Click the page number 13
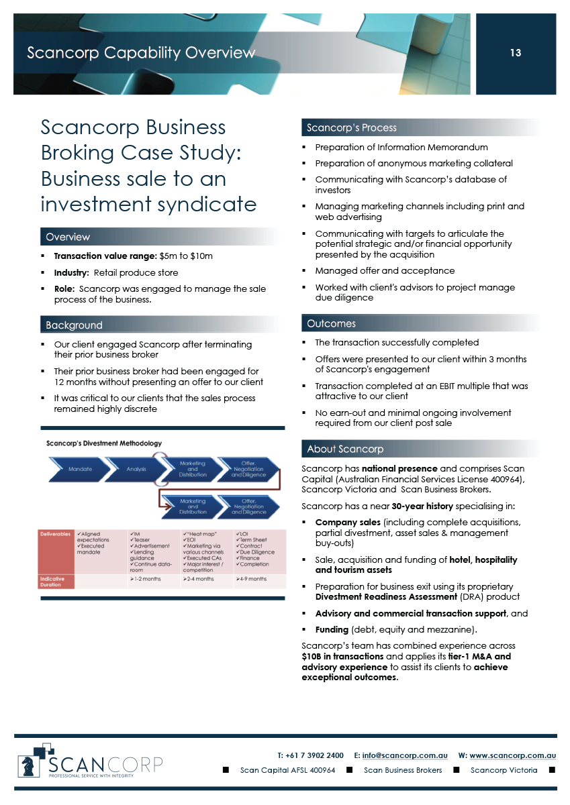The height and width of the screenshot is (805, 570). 515,53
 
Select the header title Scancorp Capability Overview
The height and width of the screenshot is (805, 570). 141,52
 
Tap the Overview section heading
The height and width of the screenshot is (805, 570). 67,237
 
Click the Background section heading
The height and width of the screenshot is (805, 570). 74,325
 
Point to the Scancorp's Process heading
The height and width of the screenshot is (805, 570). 351,127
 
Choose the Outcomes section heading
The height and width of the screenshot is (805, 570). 331,323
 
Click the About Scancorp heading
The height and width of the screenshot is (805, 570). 345,449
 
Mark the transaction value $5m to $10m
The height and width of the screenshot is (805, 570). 188,256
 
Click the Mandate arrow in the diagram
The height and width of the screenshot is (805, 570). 80,469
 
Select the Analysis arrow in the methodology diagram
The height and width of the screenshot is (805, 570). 136,469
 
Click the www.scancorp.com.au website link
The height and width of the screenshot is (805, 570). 512,755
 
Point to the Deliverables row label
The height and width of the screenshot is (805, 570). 55,535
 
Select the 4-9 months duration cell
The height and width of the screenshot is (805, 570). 252,579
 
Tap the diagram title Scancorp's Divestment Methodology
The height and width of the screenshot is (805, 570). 103,443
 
